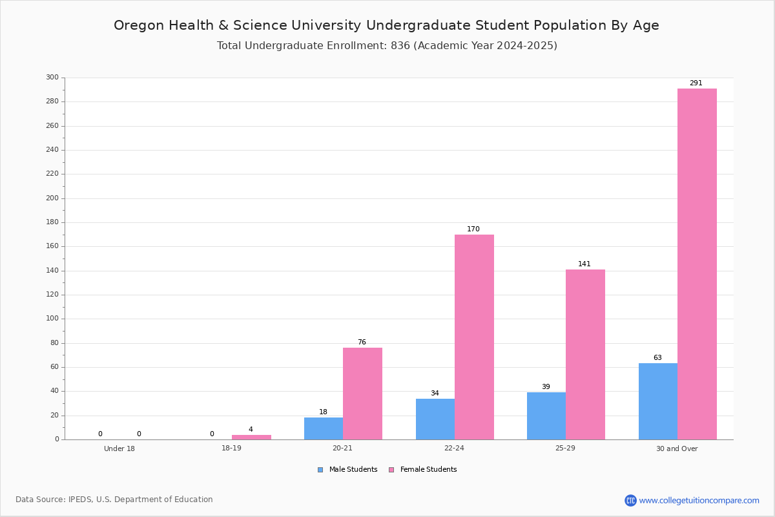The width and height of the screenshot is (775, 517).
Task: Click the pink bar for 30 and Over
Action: coord(697,264)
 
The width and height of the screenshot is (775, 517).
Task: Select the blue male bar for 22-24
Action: coord(435,419)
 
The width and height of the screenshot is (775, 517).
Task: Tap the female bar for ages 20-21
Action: coord(362,394)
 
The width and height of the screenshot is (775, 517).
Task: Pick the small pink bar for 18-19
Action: coord(251,438)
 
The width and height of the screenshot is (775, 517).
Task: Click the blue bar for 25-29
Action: coord(546,416)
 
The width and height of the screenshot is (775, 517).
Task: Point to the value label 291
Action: coord(696,83)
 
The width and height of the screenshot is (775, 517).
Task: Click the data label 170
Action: coord(473,229)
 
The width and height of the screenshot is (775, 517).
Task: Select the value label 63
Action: coord(657,357)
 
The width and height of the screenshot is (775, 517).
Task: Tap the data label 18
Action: coord(323,412)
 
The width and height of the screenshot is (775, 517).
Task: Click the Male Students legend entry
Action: coord(347,469)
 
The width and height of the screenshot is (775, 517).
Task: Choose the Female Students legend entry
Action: coord(423,469)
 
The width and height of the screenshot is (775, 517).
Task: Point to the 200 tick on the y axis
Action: coord(52,198)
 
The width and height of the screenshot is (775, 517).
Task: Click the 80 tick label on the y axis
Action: coord(55,343)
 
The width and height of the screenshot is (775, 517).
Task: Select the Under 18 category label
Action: coord(119,448)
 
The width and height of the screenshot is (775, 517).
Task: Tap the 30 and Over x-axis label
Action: coord(677,448)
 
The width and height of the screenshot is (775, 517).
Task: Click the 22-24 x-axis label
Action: coord(454,448)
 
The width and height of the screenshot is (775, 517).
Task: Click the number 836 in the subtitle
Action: coord(400,46)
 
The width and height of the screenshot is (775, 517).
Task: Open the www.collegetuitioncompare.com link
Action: coord(699,500)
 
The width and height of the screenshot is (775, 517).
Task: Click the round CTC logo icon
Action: coord(630,500)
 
